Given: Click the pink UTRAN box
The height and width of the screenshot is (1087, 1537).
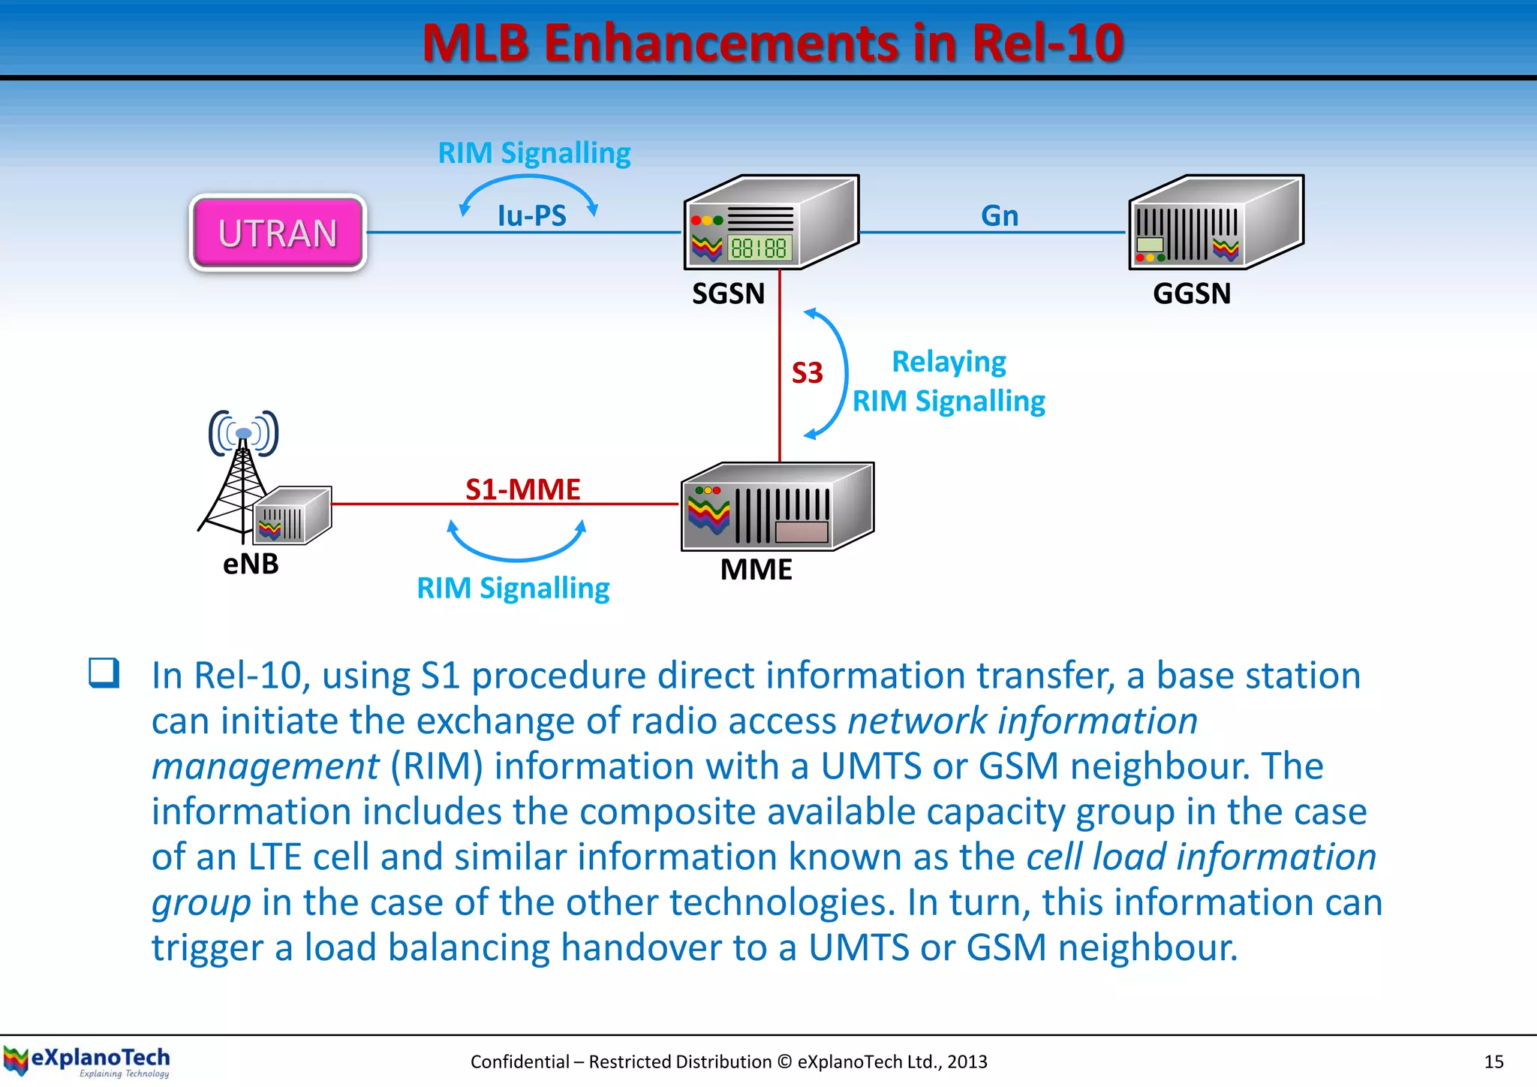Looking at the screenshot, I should click(x=278, y=233).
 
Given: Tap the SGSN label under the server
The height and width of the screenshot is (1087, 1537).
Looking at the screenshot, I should click(x=728, y=294).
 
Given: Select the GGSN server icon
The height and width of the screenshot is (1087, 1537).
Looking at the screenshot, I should click(x=1216, y=223).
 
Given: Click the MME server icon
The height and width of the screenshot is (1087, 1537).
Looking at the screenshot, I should click(x=777, y=507).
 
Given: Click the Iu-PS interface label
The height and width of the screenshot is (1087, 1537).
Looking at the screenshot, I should click(x=531, y=216).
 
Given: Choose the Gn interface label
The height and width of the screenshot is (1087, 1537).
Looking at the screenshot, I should click(x=1000, y=216).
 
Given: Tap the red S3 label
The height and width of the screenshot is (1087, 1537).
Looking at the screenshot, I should click(x=808, y=373).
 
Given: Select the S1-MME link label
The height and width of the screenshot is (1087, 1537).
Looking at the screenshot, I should click(x=522, y=489).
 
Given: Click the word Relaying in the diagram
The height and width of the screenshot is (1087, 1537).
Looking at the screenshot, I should click(x=949, y=362).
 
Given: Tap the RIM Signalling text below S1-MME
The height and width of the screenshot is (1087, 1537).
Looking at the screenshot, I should click(x=513, y=588).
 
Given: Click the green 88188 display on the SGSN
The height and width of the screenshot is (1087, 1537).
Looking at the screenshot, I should click(x=758, y=248).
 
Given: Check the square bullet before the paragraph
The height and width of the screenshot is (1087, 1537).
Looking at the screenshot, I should click(x=104, y=673).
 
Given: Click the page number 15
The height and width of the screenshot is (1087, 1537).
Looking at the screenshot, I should click(x=1493, y=1061).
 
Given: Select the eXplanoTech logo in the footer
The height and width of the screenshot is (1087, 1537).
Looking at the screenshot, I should click(x=87, y=1061).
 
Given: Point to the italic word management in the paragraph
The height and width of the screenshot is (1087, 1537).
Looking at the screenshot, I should click(x=265, y=766).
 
